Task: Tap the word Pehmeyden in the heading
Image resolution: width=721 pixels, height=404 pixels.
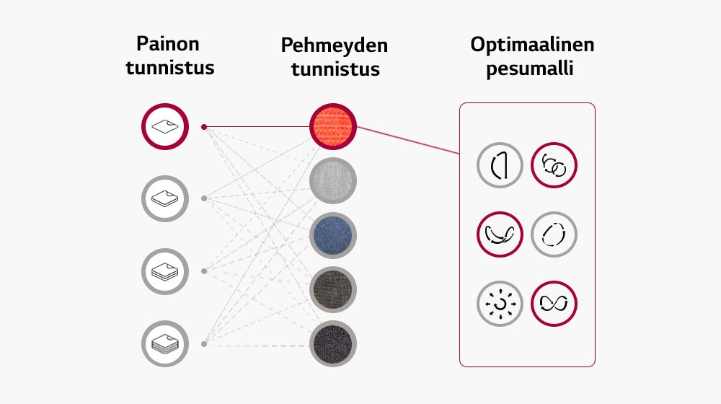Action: click(x=334, y=45)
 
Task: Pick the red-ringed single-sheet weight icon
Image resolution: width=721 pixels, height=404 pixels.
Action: click(x=164, y=127)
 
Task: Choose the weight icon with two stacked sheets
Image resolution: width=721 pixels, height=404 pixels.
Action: click(x=164, y=198)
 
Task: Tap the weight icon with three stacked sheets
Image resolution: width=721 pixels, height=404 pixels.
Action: click(x=164, y=271)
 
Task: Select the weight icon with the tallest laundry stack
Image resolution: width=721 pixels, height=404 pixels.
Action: click(x=164, y=343)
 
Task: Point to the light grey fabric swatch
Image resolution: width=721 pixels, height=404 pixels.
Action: click(x=333, y=181)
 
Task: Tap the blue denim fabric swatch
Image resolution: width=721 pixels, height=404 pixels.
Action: click(x=333, y=235)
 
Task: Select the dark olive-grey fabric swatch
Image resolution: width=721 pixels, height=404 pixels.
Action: click(x=333, y=289)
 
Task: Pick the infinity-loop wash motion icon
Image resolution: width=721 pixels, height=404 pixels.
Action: click(x=554, y=303)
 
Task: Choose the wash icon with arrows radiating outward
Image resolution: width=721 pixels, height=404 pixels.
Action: click(x=500, y=303)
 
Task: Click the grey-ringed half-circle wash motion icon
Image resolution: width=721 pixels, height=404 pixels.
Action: click(x=500, y=166)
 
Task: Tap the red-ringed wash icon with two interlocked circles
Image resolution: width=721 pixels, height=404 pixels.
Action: click(x=554, y=166)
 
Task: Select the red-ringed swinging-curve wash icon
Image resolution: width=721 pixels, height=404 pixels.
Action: click(x=500, y=234)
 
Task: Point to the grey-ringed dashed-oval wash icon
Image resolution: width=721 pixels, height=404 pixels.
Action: click(x=554, y=234)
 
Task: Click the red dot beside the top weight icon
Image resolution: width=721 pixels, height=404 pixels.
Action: click(x=204, y=127)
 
